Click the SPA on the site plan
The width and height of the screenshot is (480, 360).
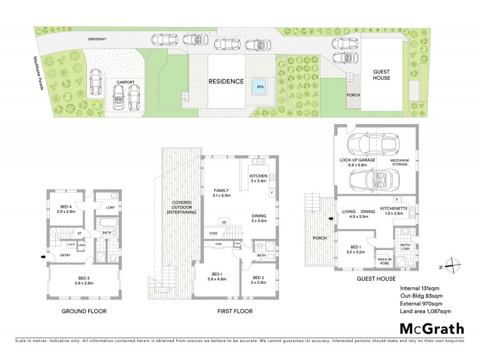click(x=260, y=85)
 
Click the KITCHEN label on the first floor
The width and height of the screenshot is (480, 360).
click(x=258, y=176)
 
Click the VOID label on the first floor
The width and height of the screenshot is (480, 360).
click(x=213, y=233)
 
